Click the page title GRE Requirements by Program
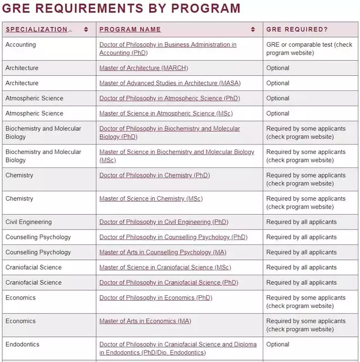click(121, 8)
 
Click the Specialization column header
click(37, 29)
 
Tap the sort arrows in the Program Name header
click(253, 29)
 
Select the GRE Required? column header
click(296, 29)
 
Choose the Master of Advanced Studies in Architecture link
click(169, 83)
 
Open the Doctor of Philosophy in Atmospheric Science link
click(169, 98)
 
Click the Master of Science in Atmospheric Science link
click(166, 114)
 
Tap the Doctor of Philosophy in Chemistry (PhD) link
click(154, 175)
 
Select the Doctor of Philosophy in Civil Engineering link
click(164, 222)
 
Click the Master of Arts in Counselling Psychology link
click(163, 252)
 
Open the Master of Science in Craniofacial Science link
click(165, 268)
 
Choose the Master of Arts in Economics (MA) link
click(145, 322)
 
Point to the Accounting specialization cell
click(21, 45)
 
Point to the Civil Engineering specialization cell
click(29, 222)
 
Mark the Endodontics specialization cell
click(22, 345)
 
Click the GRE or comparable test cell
click(309, 49)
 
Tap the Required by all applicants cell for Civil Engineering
click(301, 222)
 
